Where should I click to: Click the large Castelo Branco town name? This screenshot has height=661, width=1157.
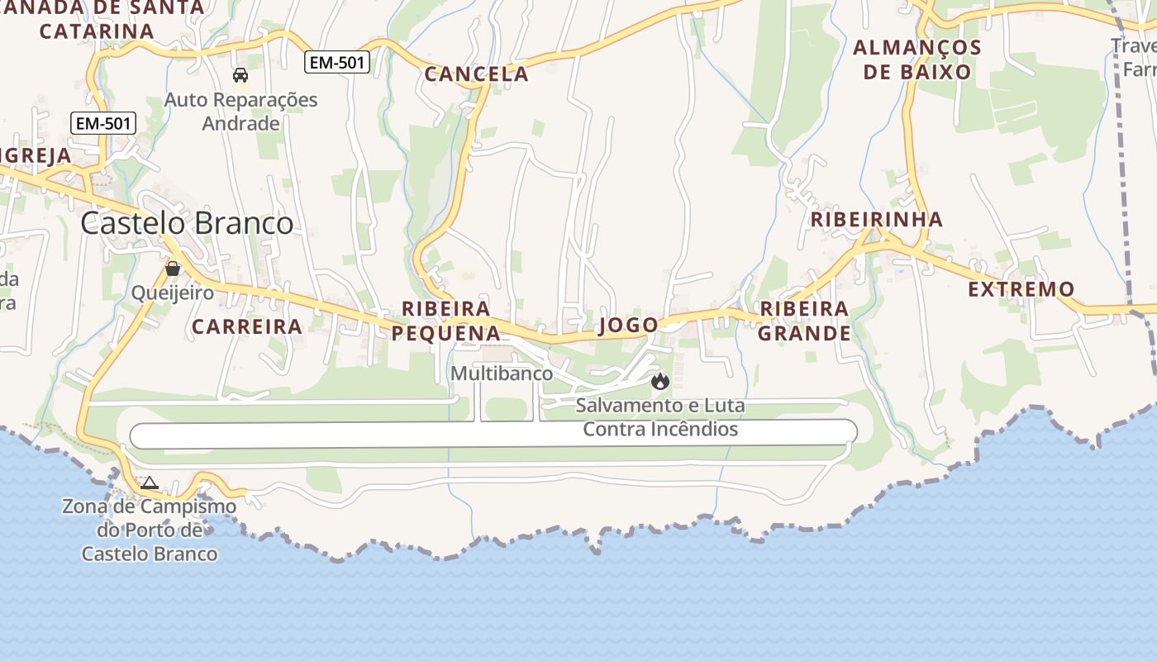[x=187, y=223]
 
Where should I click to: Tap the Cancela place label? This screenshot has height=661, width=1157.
[x=476, y=74]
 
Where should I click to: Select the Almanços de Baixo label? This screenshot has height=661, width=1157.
[x=917, y=59]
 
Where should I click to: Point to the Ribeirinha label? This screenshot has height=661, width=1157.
[x=876, y=219]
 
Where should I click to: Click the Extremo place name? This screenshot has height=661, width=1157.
[x=1021, y=289]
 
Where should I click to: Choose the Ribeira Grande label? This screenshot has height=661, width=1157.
[x=804, y=321]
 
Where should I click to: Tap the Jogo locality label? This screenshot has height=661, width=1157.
[x=628, y=325]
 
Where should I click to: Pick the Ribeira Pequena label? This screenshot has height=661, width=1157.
[x=446, y=321]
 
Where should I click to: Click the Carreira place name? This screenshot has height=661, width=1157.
[x=247, y=326]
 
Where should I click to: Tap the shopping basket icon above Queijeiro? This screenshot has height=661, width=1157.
[x=173, y=269]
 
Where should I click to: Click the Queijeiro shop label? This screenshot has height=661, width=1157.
[x=173, y=292]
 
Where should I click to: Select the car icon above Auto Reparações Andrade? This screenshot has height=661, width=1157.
[x=240, y=75]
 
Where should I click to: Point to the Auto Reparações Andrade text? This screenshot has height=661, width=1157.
[x=240, y=112]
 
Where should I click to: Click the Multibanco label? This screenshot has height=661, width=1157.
[x=502, y=373]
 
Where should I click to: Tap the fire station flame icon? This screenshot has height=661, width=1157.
[x=659, y=381]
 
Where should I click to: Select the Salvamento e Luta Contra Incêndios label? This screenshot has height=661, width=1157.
[x=660, y=417]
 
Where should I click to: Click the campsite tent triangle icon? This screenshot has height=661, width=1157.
[x=150, y=483]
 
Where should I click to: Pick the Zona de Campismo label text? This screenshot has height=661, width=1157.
[x=149, y=530]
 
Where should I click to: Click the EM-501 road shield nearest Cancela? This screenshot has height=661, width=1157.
[x=336, y=62]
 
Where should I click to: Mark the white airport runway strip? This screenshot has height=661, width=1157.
[x=372, y=435]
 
